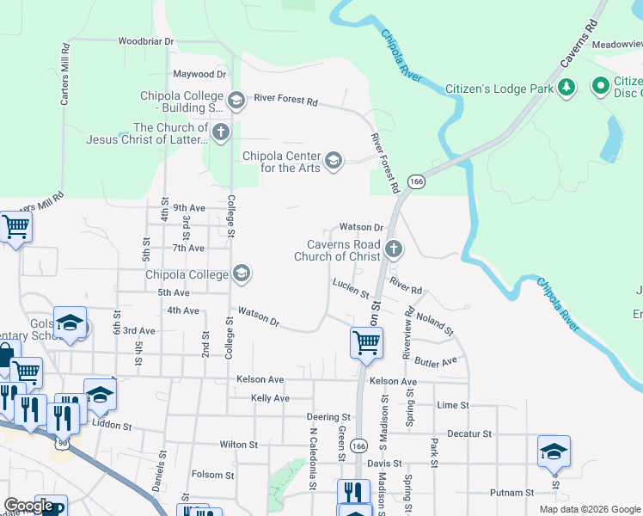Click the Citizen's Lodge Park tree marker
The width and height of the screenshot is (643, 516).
(x=566, y=87)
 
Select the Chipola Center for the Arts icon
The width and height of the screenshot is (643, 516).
(x=334, y=160)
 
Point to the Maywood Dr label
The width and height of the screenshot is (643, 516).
(x=199, y=75)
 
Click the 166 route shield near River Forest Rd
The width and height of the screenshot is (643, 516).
(x=417, y=182)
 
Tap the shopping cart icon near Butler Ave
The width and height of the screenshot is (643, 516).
(x=366, y=341)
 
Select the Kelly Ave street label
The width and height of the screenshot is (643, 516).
(x=270, y=398)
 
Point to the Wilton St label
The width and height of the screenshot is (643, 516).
(x=239, y=445)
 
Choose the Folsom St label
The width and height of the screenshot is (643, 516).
(x=212, y=475)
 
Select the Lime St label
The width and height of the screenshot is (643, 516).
(x=452, y=405)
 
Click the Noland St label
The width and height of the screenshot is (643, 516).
(x=434, y=324)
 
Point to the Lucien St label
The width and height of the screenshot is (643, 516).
(x=351, y=287)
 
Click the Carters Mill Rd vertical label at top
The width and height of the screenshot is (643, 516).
(x=64, y=75)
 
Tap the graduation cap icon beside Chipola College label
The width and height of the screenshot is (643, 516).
(x=242, y=273)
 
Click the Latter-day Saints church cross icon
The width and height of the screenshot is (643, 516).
(x=221, y=132)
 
